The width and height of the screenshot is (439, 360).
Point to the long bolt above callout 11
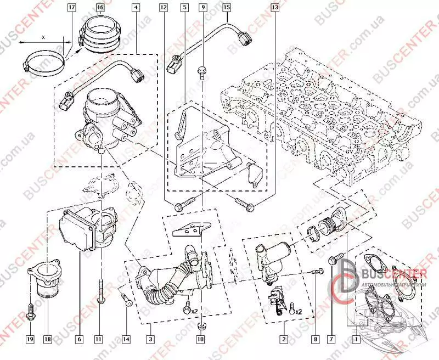click(100, 291)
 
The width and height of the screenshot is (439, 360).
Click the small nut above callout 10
click(201, 326)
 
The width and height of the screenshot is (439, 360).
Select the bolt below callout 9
click(202, 70)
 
